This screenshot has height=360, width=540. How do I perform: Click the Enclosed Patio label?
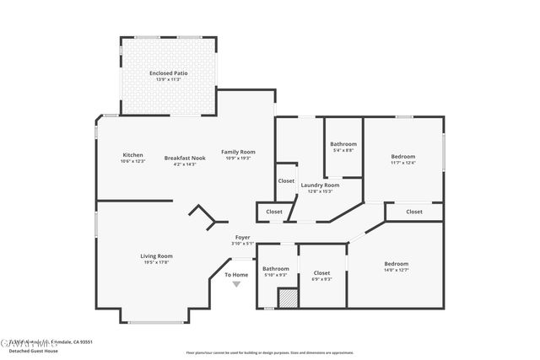pos(167,73)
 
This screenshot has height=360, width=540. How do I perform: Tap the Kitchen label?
pos(132,154)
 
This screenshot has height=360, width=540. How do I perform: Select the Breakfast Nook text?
pos(185,158)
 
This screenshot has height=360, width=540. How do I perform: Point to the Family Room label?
pos(238,152)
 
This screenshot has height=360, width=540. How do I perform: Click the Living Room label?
pos(156,255)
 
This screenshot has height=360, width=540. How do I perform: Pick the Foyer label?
pos(242,238)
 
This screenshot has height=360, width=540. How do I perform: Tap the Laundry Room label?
pos(320,185)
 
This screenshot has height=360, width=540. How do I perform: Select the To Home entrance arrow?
pos(236,284)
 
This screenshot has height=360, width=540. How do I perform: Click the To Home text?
pos(236,275)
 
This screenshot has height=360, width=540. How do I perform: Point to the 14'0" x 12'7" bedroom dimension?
pos(396,270)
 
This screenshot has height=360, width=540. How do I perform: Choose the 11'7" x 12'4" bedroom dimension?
pos(403,163)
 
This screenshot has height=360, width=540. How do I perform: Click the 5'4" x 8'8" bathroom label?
pos(343,150)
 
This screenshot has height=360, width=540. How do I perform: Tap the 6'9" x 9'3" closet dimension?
pos(321,279)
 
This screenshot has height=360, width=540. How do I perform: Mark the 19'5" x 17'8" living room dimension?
pos(156,261)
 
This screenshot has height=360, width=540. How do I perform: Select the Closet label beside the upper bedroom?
pos(414,212)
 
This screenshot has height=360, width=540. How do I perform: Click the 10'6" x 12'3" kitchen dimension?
pos(133,160)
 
